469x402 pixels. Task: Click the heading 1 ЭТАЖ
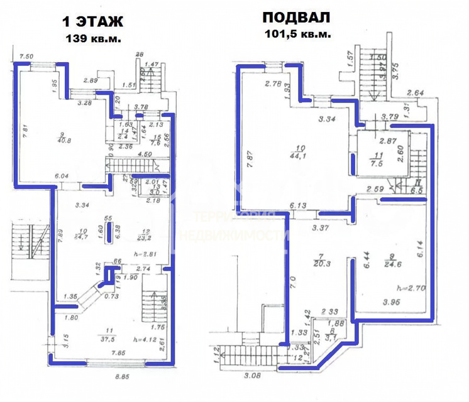(x=92, y=21)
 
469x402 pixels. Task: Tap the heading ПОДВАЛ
(x=295, y=18)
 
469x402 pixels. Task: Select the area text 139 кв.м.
(x=94, y=38)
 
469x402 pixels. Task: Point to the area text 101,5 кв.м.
(x=295, y=34)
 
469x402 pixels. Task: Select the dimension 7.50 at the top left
(x=26, y=57)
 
